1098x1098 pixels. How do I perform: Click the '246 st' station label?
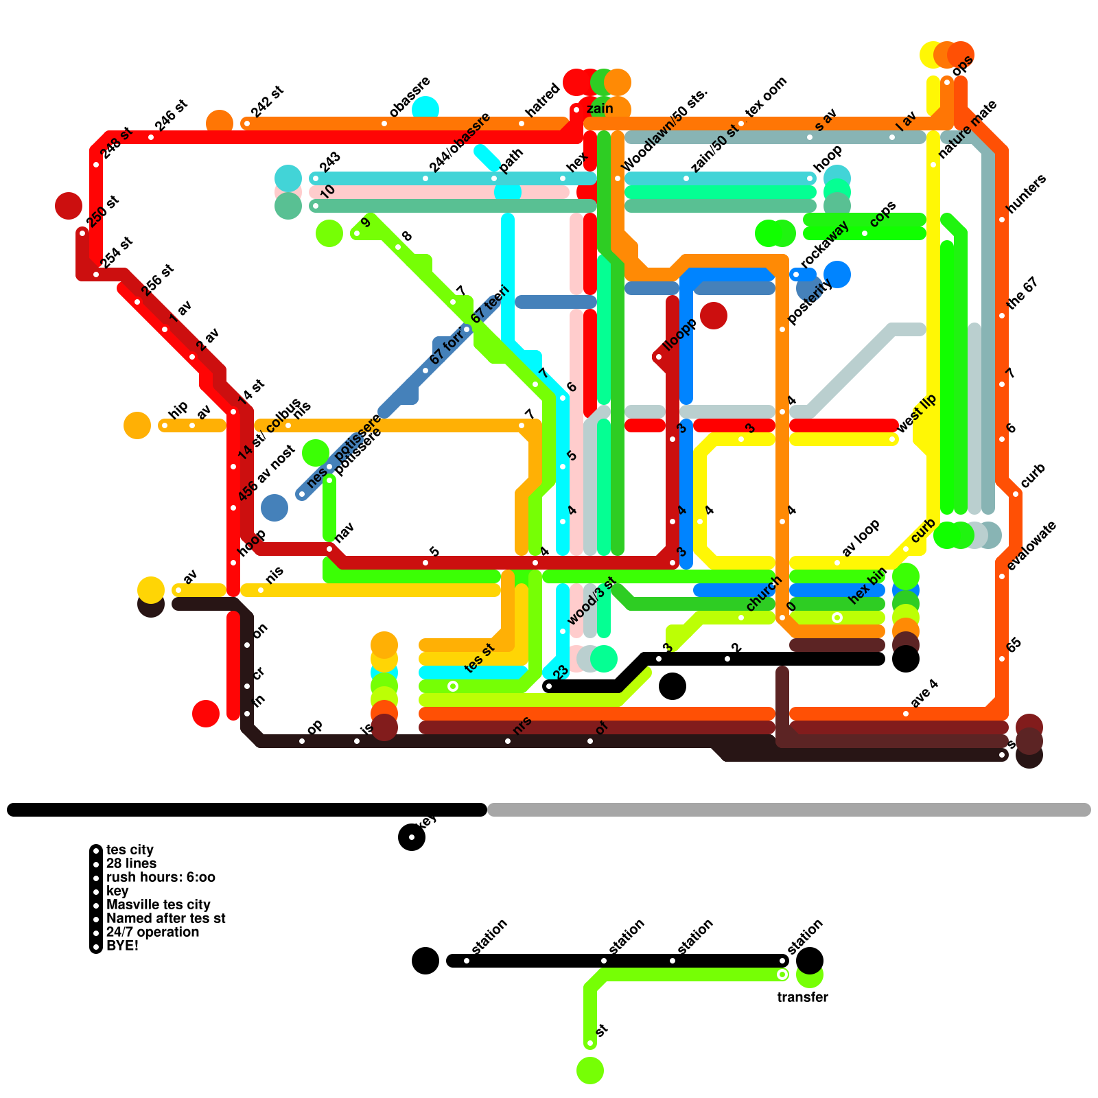click(x=170, y=115)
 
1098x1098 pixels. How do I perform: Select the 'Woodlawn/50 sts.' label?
click(x=664, y=130)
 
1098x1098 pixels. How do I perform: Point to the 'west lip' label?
click(x=917, y=414)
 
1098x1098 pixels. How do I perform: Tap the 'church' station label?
click(x=763, y=594)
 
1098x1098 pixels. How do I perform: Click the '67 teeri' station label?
click(x=489, y=305)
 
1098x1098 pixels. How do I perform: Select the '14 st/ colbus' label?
click(x=269, y=429)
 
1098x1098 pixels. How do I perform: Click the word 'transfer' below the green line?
click(x=802, y=997)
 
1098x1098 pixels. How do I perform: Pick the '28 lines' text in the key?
click(x=131, y=863)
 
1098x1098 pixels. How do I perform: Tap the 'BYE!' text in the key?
click(x=122, y=946)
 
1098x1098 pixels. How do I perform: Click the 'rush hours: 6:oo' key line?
click(x=161, y=877)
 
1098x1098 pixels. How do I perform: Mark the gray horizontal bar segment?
click(x=789, y=810)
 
